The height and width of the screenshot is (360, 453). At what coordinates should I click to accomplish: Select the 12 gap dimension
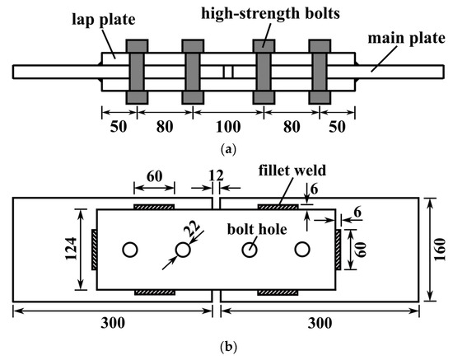(x=215, y=175)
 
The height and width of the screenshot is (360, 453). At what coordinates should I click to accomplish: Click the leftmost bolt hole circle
(x=128, y=249)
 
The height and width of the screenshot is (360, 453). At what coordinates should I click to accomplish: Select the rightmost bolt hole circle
(x=302, y=249)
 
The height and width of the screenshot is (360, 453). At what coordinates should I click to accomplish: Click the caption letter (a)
(x=226, y=151)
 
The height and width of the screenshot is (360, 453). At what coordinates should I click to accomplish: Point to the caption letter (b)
(x=226, y=348)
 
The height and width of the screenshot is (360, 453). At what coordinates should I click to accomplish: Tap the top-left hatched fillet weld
(x=154, y=206)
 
